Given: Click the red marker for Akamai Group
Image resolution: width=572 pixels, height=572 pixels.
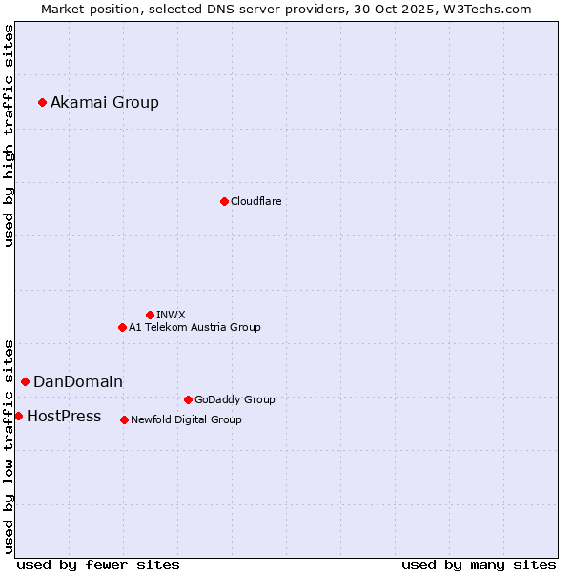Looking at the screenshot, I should click(x=42, y=102).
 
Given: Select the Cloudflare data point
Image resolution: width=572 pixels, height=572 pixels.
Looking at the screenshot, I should click(x=224, y=201).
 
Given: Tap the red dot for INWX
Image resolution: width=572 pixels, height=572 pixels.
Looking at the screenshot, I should click(x=150, y=315).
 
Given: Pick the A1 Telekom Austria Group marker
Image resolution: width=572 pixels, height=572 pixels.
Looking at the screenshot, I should click(x=122, y=327).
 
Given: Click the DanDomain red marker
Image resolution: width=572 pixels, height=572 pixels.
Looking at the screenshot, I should click(x=25, y=381).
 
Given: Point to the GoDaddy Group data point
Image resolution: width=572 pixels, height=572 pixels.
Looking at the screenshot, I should click(x=188, y=399).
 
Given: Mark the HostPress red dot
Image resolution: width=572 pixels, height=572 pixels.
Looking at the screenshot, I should click(x=18, y=416).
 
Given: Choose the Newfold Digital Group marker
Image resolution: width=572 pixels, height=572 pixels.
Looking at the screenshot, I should click(x=124, y=419).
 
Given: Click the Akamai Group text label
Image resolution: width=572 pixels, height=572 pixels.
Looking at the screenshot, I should click(x=105, y=103).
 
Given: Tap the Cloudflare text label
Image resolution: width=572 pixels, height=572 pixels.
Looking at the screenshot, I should click(x=256, y=201).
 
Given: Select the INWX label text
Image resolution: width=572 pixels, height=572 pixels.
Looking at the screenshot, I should click(x=171, y=315).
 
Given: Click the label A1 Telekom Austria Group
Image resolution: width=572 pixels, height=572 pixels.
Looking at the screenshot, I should click(x=194, y=327).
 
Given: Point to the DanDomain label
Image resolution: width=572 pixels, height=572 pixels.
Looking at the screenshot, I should click(x=78, y=382).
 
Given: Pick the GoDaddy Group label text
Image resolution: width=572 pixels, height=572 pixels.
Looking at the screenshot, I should click(x=235, y=399).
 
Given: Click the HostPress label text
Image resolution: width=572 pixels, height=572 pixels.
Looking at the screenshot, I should click(x=64, y=417).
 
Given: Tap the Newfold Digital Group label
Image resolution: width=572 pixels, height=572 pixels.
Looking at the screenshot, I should click(x=186, y=419).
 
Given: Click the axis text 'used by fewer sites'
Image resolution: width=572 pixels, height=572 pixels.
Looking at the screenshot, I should click(x=98, y=564).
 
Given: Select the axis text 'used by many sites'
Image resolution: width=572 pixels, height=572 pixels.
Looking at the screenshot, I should click(x=479, y=564).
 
